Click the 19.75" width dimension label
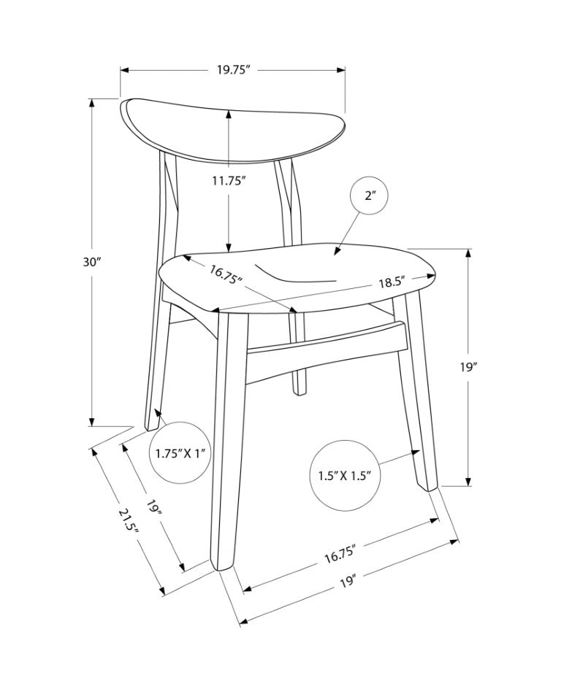pos(234,70)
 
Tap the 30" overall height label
pos(92,262)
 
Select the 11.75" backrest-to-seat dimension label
pos(229,180)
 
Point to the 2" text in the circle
pos(370,196)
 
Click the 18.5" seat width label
pos(392,283)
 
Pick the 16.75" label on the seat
pos(226,275)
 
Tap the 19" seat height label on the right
pos(468,367)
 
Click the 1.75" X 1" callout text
pos(180,454)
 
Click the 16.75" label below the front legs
pos(340,555)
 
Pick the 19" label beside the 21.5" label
pos(153,507)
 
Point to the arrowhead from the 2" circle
pos(337,251)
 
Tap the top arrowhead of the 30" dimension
pos(91,103)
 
